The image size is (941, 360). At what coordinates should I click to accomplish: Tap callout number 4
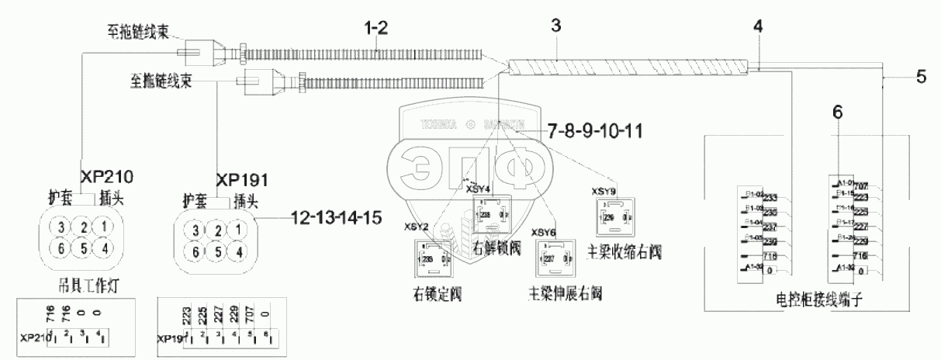757,26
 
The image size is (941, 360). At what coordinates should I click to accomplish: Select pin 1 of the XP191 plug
240,229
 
